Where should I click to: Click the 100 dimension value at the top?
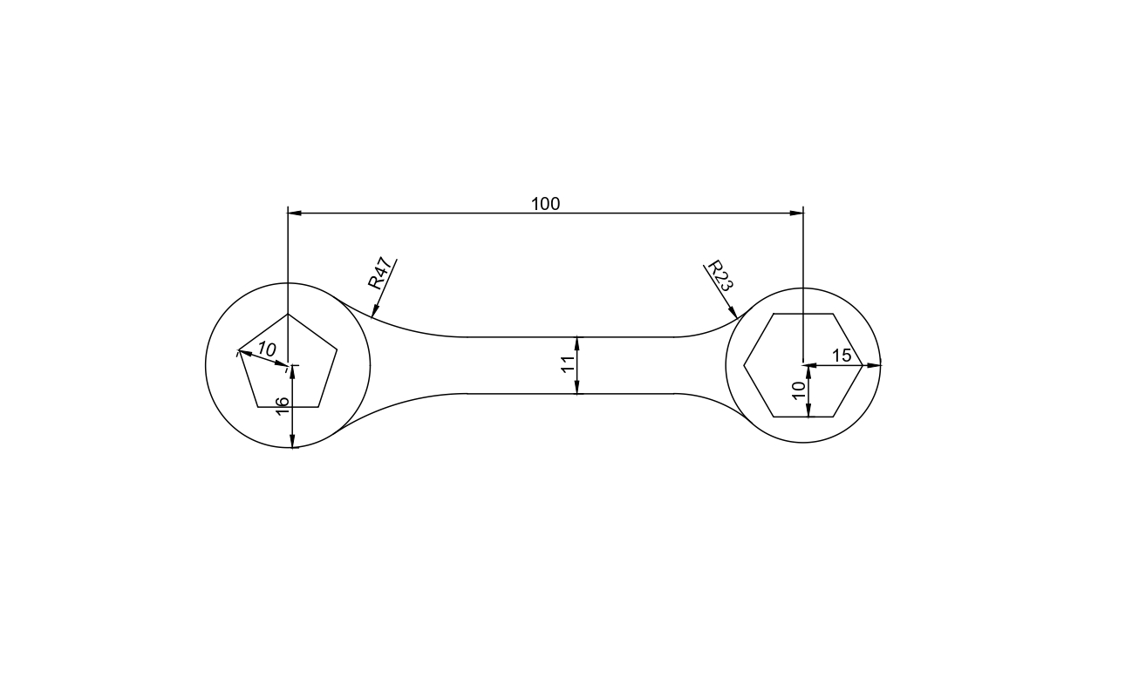tap(546, 204)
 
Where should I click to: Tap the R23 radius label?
tap(720, 275)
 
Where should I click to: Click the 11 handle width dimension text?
tap(568, 365)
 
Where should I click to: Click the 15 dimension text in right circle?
tap(842, 356)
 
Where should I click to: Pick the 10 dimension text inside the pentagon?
tap(267, 349)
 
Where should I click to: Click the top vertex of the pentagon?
tap(288, 314)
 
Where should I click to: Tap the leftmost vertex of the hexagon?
tap(744, 365)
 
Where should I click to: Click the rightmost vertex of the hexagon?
tap(863, 365)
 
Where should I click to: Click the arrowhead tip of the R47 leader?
tap(372, 317)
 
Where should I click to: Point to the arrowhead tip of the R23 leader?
tap(738, 318)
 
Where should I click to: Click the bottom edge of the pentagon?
tap(288, 407)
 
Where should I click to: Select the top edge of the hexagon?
tap(803, 314)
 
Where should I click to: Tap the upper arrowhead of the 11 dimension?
tap(577, 341)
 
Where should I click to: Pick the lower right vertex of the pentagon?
tap(319, 407)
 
